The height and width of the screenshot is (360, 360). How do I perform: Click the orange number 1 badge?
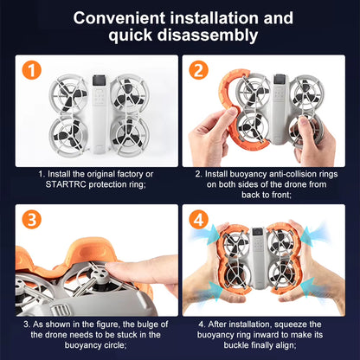[31, 70]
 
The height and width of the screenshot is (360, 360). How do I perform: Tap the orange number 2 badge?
[198, 70]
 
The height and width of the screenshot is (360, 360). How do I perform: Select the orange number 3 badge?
[31, 219]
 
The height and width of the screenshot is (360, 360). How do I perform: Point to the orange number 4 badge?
[198, 219]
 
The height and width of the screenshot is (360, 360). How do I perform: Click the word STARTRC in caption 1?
[66, 184]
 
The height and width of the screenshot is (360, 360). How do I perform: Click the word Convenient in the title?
[119, 18]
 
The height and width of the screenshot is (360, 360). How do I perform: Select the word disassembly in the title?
[208, 35]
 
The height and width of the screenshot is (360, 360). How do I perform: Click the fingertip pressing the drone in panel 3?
[112, 269]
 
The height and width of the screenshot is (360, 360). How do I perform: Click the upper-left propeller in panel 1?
[68, 93]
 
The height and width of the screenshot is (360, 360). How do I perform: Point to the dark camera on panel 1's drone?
[100, 80]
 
